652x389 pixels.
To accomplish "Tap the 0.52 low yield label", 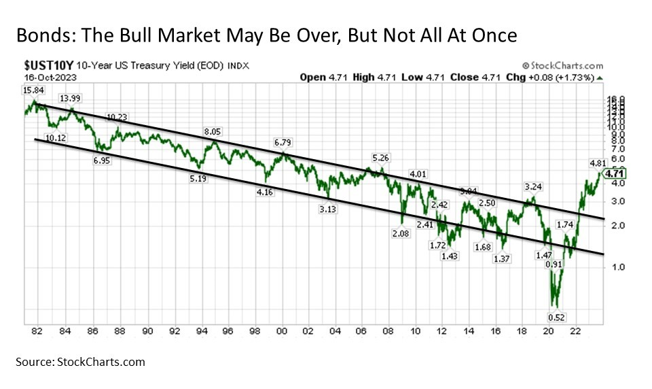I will point(560,317).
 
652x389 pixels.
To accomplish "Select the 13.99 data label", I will point(69,99).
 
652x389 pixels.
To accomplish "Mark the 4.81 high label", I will point(597,163).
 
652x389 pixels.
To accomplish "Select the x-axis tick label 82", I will point(37,331).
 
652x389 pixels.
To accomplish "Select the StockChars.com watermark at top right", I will point(560,66).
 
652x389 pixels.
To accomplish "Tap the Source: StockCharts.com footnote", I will point(82,362).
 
